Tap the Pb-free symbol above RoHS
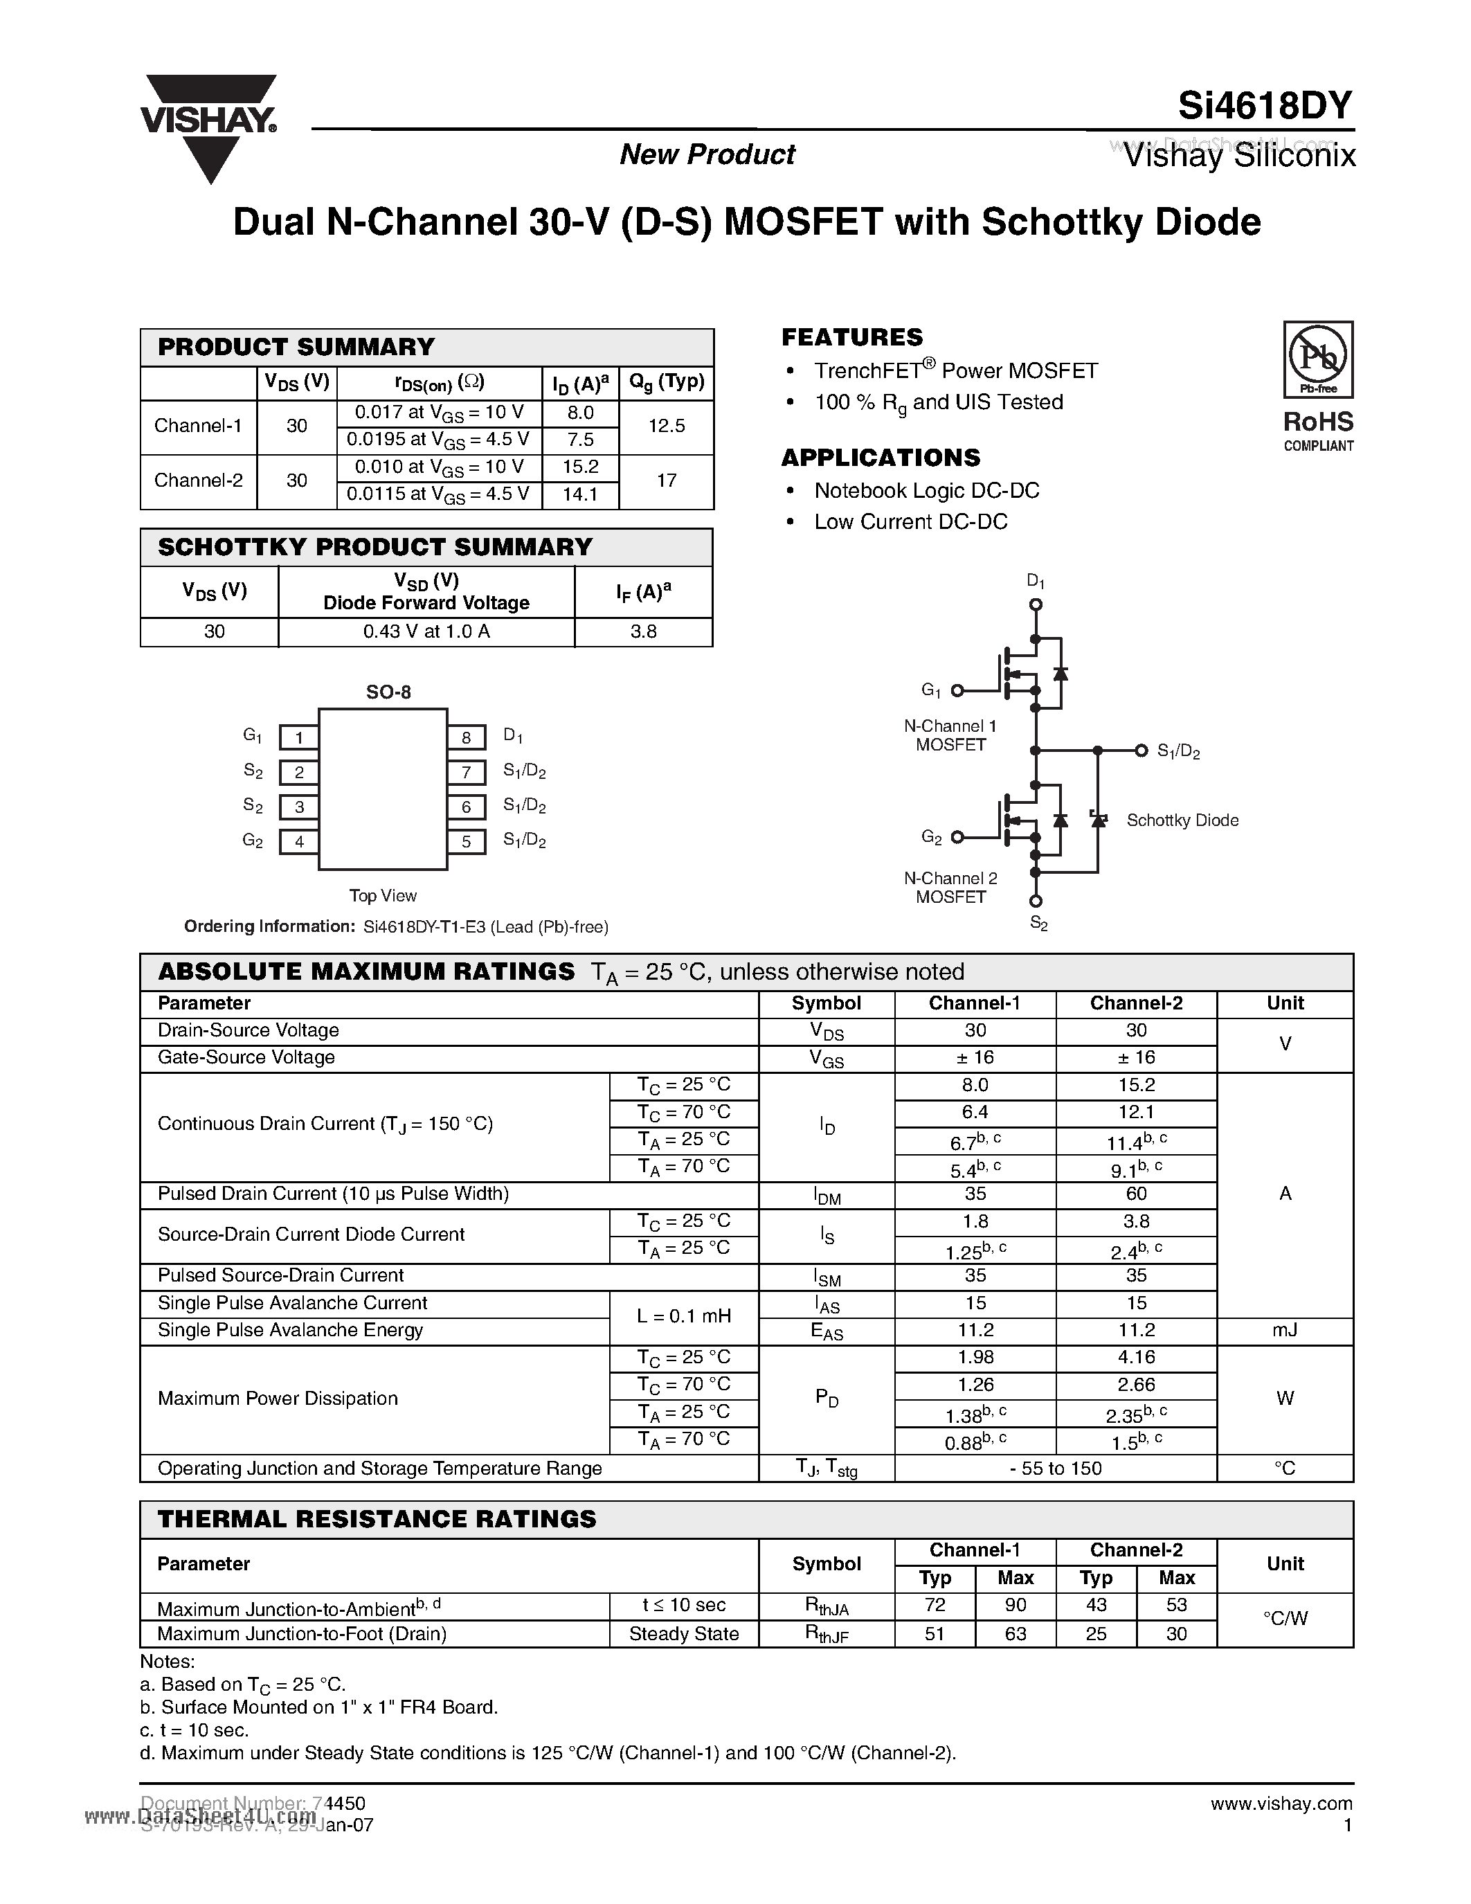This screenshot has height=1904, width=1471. pyautogui.click(x=1317, y=359)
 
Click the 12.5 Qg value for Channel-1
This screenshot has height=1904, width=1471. pyautogui.click(x=667, y=426)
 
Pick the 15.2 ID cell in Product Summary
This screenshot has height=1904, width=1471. pyautogui.click(x=580, y=467)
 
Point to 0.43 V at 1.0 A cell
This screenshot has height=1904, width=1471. pyautogui.click(x=426, y=632)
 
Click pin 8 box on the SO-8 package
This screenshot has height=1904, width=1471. pyautogui.click(x=467, y=737)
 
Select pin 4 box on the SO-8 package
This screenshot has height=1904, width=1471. pyautogui.click(x=299, y=842)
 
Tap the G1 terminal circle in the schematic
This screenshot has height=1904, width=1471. pyautogui.click(x=957, y=690)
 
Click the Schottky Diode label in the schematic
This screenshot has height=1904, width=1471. pyautogui.click(x=1182, y=820)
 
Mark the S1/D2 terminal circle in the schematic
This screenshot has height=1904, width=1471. pyautogui.click(x=1141, y=751)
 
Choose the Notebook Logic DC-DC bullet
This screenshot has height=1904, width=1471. pyautogui.click(x=926, y=491)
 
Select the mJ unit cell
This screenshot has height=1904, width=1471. pyautogui.click(x=1285, y=1330)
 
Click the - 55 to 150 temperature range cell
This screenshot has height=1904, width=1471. pyautogui.click(x=1056, y=1468)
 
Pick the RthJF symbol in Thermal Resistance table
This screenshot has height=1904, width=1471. pyautogui.click(x=826, y=1634)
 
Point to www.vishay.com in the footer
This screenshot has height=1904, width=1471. pyautogui.click(x=1281, y=1804)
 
